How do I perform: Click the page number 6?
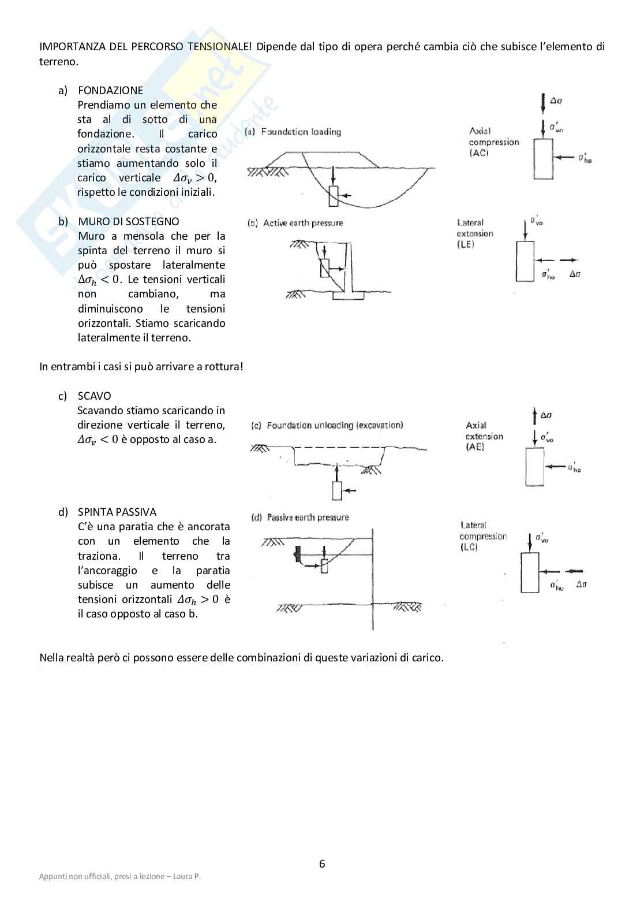322,864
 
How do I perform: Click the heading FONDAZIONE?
110,90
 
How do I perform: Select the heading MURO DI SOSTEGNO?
129,221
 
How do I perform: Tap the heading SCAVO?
94,396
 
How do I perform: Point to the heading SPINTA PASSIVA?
117,512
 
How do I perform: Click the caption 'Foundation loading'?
301,132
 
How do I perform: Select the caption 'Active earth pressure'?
302,223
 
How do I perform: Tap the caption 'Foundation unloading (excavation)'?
334,425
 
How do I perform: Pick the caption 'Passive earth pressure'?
308,518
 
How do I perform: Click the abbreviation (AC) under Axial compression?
479,153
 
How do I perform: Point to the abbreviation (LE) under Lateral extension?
465,244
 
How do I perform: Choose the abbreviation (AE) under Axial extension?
475,447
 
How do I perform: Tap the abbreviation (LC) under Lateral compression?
469,547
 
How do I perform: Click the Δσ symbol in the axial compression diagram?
556,100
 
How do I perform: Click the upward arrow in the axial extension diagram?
534,416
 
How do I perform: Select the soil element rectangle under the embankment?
334,196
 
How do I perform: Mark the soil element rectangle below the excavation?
337,490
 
